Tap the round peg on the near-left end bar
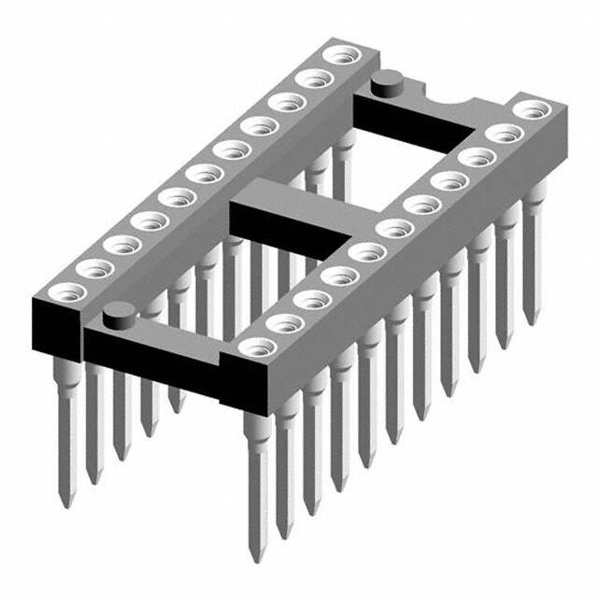pos(118,315)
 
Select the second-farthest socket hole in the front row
pos(505,133)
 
